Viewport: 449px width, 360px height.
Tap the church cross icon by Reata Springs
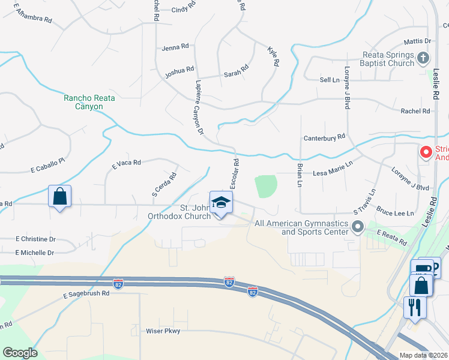423,58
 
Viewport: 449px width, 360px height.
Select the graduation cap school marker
221,202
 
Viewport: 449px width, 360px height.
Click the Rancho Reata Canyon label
83,102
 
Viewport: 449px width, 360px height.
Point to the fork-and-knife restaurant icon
414,307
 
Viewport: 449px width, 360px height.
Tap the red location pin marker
426,152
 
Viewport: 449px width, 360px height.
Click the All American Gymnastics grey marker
358,227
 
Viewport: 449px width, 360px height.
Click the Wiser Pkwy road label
163,331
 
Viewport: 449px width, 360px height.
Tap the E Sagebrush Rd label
86,294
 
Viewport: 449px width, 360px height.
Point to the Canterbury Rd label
324,137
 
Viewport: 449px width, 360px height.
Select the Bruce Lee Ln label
396,213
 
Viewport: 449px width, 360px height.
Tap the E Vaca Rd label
126,163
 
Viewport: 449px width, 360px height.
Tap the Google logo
19,353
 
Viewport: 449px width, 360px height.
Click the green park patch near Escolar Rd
265,186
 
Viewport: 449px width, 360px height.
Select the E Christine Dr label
35,238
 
